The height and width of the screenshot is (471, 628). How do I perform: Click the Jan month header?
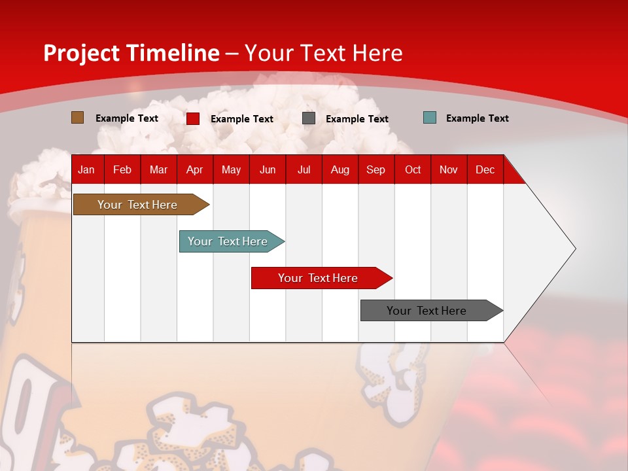(x=86, y=169)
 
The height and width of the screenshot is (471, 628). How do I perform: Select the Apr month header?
(x=194, y=169)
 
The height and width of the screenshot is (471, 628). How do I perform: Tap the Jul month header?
(x=304, y=169)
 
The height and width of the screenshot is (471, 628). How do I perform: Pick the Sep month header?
(x=375, y=169)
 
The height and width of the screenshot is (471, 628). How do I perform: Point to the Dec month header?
(x=485, y=169)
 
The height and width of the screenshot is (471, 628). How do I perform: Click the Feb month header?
(x=122, y=169)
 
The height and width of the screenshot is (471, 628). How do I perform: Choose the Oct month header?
(x=413, y=169)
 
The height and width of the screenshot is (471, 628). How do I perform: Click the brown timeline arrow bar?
(x=137, y=205)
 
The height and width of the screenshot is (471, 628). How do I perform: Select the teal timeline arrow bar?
(x=228, y=241)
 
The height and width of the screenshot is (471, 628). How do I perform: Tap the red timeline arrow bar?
(x=318, y=278)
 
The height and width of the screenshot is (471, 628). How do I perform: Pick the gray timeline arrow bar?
(x=427, y=311)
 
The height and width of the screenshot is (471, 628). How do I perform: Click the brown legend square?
(x=77, y=118)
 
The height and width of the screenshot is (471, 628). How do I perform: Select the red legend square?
(x=193, y=118)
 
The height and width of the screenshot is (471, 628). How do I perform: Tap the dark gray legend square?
(x=309, y=118)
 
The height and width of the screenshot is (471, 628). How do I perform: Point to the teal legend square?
(x=430, y=118)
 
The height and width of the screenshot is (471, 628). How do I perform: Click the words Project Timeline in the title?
(x=131, y=53)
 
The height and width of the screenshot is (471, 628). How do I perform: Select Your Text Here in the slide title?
(x=324, y=53)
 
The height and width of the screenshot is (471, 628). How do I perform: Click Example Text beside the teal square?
(x=477, y=118)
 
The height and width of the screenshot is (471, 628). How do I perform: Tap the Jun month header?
(x=268, y=169)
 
